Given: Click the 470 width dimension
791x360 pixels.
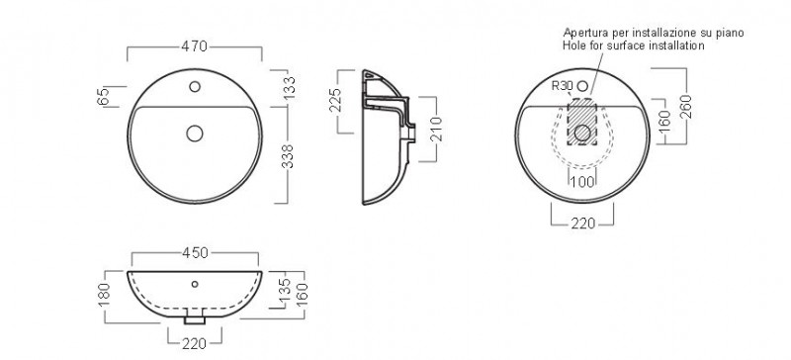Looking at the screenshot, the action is coord(194,46).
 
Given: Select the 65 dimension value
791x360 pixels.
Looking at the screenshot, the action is coord(103,97).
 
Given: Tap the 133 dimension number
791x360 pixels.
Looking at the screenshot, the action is coord(290,87).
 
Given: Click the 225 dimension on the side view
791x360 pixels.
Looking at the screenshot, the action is coord(336,100).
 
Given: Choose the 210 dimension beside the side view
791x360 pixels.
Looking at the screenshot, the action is coord(437,129).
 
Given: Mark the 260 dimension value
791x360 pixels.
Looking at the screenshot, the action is coord(685,107).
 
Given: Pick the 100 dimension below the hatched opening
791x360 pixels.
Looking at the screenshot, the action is coord(582,182).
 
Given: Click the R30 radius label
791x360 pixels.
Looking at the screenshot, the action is coord(562,86).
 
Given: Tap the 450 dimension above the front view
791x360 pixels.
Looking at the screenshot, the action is coord(195,252).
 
